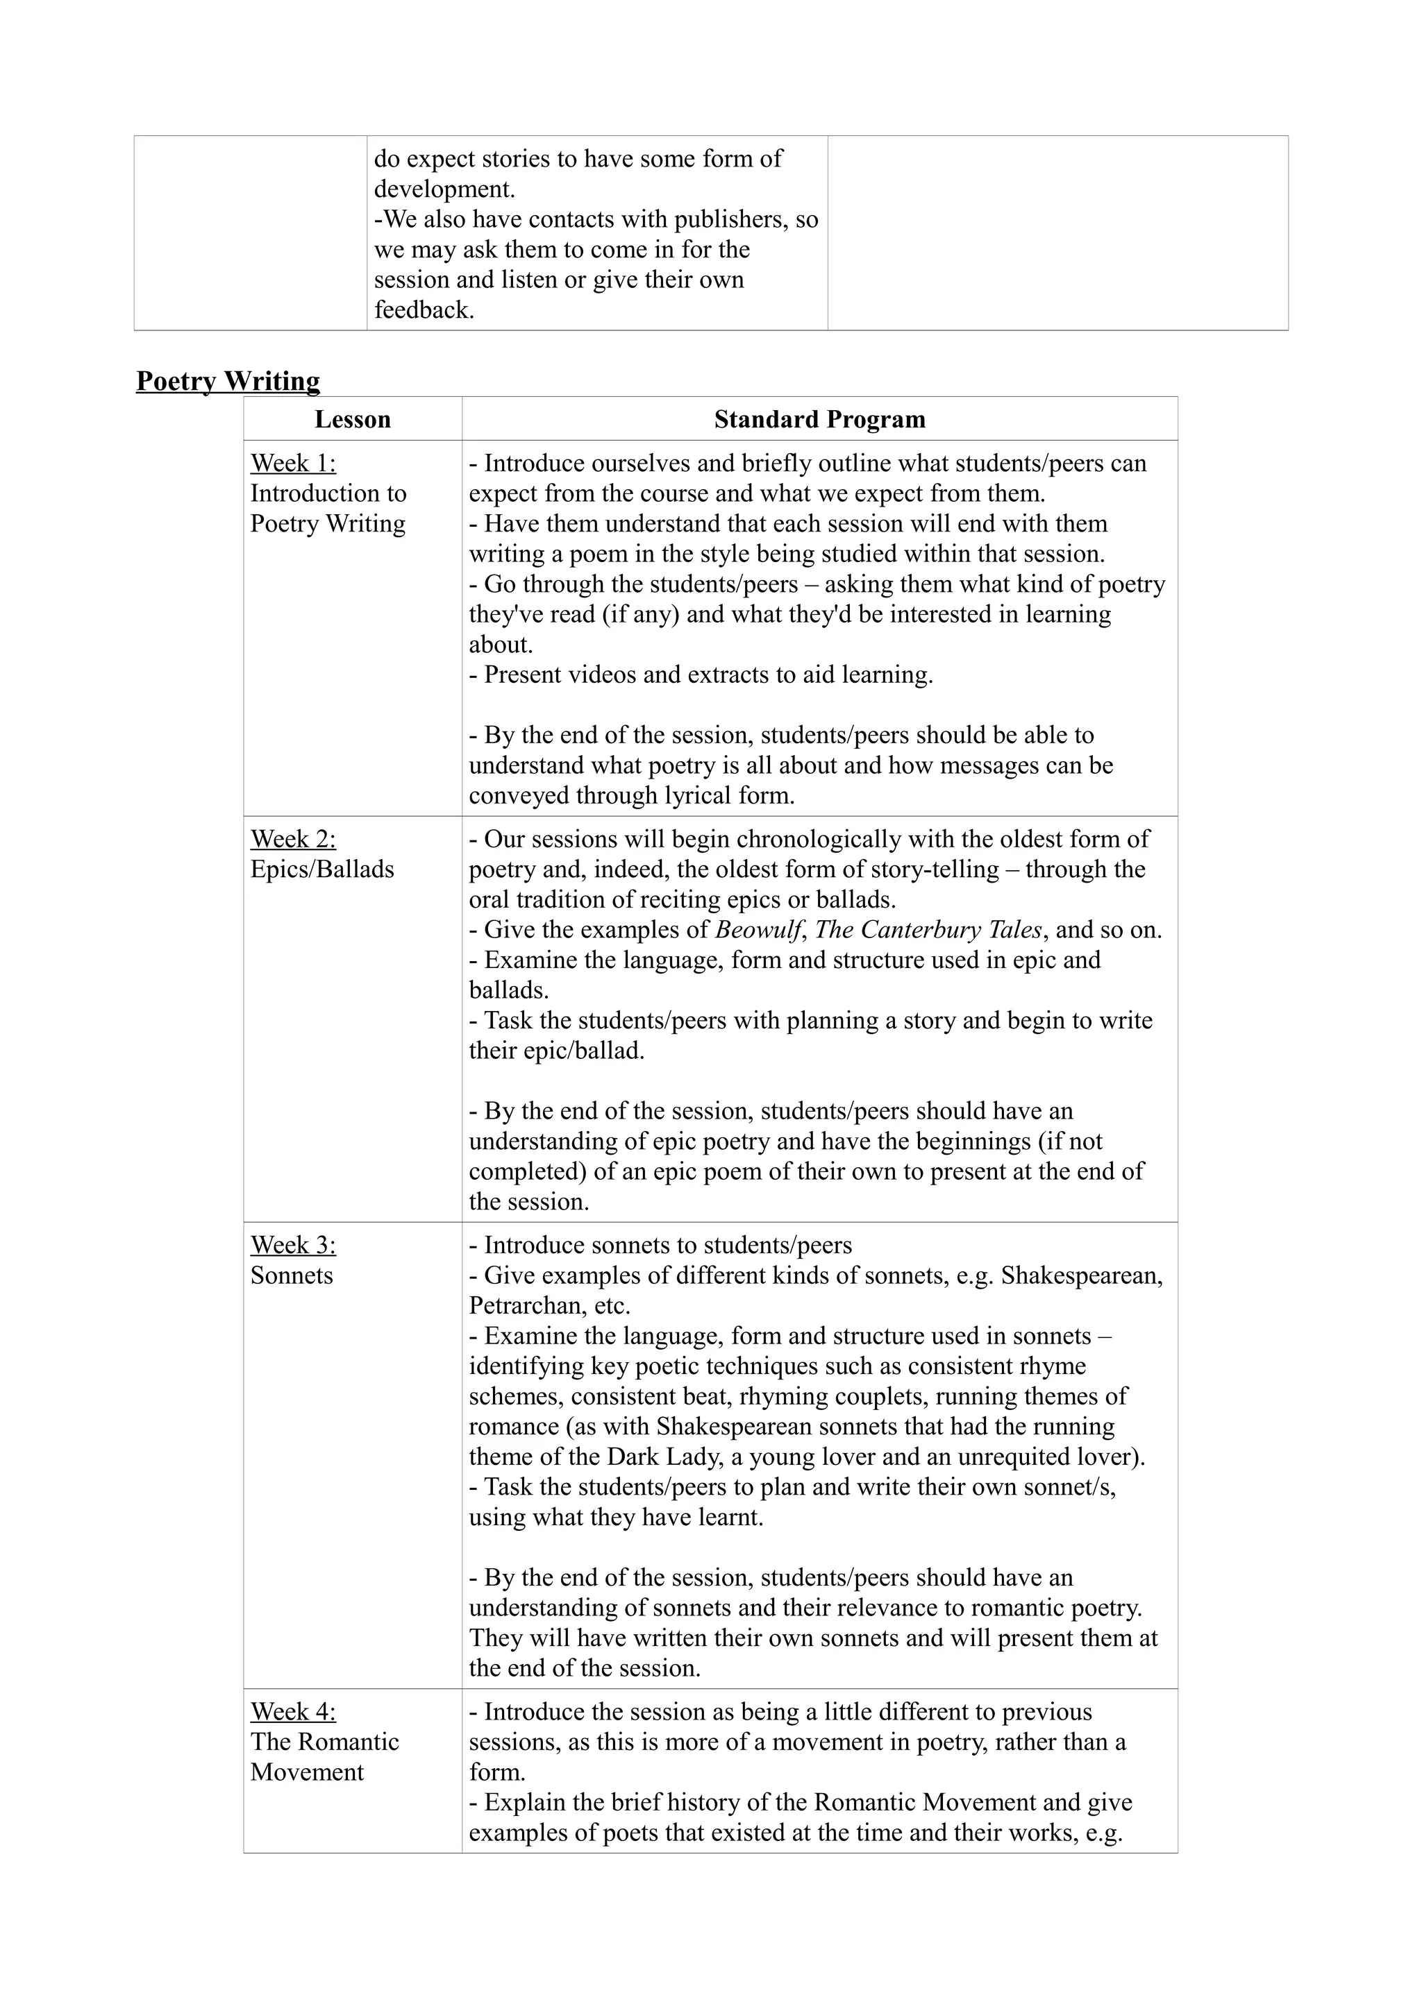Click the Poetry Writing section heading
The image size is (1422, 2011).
pos(228,381)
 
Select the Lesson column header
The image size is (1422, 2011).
pos(352,420)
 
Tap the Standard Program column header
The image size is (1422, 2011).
pos(819,420)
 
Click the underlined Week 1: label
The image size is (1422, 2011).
pos(292,464)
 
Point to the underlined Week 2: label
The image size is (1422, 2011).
pos(292,839)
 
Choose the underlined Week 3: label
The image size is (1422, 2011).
pos(292,1245)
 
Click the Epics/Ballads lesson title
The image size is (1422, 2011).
pos(321,869)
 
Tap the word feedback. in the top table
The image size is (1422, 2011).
pos(424,310)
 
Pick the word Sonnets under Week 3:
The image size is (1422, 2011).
pos(292,1275)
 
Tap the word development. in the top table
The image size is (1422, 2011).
pos(444,189)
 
